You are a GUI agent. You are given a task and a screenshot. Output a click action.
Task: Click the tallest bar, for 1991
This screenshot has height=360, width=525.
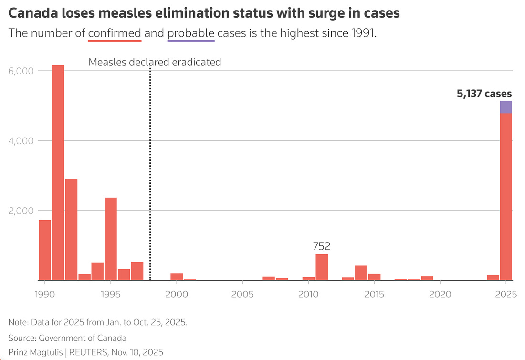point(58,172)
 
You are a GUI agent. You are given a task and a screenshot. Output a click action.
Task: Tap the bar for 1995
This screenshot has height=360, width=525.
point(111,239)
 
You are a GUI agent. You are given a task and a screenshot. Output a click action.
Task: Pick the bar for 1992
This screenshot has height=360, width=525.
point(72,229)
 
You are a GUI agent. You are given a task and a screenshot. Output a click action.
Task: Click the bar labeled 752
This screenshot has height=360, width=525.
point(322,267)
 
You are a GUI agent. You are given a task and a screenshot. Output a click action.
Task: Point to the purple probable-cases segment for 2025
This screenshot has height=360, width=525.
point(506,107)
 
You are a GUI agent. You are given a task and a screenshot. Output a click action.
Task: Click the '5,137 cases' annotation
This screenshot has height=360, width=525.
point(484,94)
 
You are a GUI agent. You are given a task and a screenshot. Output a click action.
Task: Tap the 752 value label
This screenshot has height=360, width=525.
point(322,246)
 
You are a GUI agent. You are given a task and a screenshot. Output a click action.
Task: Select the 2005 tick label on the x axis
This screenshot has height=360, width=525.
point(243,294)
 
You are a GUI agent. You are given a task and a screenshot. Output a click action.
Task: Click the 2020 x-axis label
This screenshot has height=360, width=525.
point(441,294)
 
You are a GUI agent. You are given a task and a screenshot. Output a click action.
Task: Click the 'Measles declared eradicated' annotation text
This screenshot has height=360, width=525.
point(155,62)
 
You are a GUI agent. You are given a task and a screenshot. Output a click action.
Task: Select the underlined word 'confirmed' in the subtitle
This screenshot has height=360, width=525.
point(115,33)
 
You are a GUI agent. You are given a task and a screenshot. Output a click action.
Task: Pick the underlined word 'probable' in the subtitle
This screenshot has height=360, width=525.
point(191,33)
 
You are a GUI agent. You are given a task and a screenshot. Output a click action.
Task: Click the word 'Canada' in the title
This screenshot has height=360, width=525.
point(30,13)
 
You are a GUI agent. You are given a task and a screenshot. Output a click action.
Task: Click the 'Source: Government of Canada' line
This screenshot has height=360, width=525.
point(67,338)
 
